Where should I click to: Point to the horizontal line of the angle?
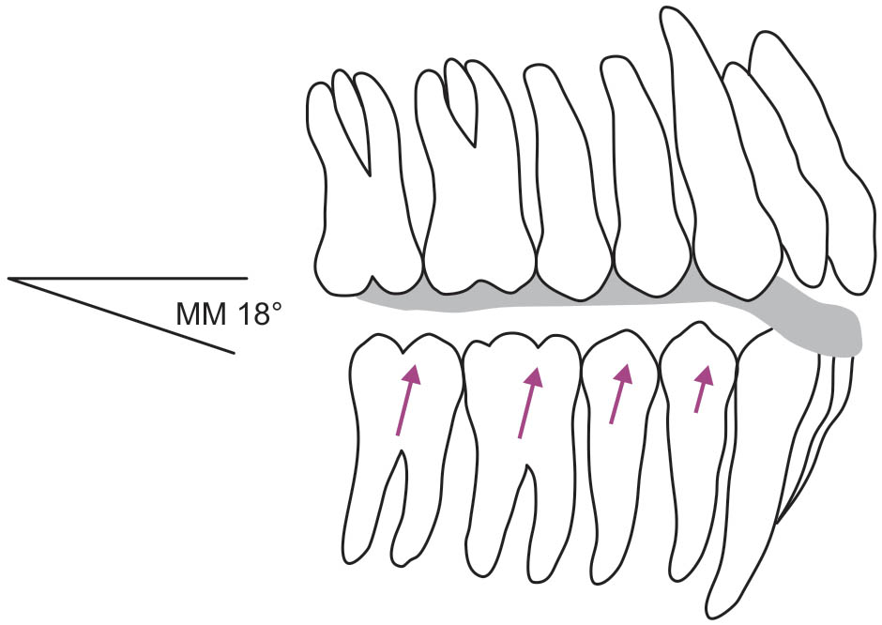[x=131, y=278]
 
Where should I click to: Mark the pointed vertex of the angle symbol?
[x=9, y=279]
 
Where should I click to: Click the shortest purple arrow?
[x=700, y=389]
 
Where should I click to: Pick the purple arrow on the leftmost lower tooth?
[x=405, y=401]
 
